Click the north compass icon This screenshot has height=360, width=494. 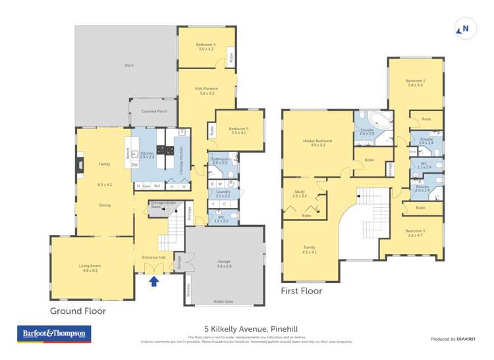pos(464,28)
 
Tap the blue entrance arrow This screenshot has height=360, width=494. pos(153,282)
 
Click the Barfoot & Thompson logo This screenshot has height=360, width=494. pos(53,334)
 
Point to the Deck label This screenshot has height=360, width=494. pos(128,65)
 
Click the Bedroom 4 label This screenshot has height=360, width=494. pos(206,47)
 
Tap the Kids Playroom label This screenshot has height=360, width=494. pos(206,90)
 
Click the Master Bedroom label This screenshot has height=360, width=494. pos(317,143)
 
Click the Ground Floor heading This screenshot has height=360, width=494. pos(78,311)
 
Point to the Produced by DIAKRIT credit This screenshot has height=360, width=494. pos(453,339)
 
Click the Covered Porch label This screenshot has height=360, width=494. pos(154,111)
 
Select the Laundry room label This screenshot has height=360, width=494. pos(223,193)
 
